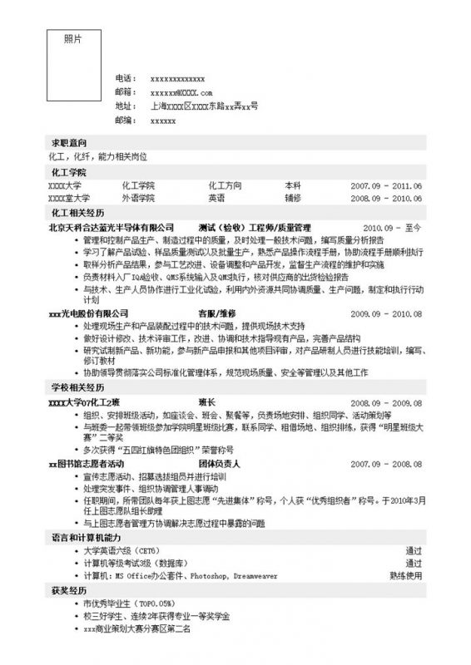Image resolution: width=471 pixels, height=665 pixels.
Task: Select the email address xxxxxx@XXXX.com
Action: [182, 92]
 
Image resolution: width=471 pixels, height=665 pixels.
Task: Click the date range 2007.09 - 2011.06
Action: [387, 186]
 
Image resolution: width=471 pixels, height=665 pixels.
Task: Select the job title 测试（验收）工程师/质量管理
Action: [254, 227]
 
